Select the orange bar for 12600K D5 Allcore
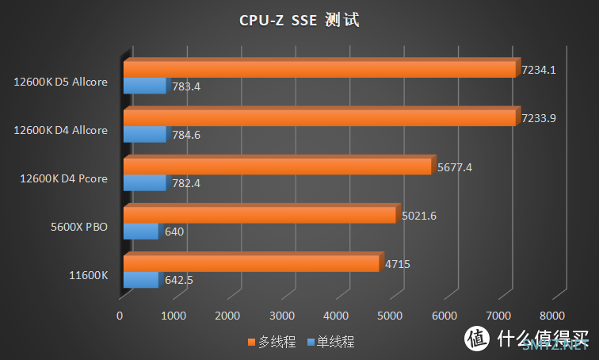click(x=320, y=69)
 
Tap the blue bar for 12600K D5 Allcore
click(x=146, y=86)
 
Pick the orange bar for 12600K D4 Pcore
click(x=277, y=167)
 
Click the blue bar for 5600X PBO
click(x=142, y=232)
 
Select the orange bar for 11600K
click(x=252, y=263)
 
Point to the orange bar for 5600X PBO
click(x=260, y=215)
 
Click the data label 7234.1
click(x=539, y=70)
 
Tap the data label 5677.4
click(x=453, y=167)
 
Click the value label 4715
click(x=396, y=264)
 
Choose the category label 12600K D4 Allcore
click(x=61, y=130)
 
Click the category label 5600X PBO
click(x=79, y=228)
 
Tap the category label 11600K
click(x=89, y=276)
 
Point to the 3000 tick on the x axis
click(x=282, y=316)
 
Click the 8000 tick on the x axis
click(x=552, y=316)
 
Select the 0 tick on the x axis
click(x=120, y=316)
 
